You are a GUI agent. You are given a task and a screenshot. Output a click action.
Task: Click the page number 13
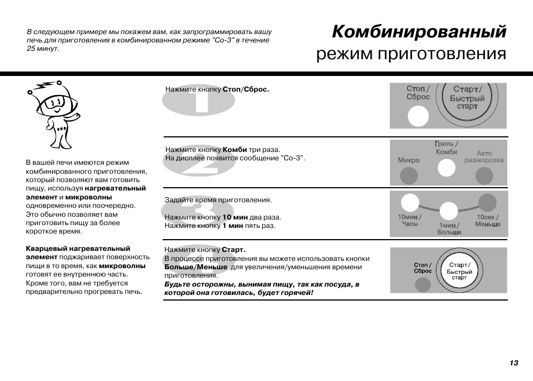point(513,363)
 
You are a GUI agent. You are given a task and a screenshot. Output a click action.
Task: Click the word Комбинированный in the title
point(419,32)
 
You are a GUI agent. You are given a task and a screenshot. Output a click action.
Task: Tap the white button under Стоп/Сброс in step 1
point(417,116)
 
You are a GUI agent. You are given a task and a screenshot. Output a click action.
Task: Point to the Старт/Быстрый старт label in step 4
point(459,271)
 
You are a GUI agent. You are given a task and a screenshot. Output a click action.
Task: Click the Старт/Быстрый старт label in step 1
point(467,97)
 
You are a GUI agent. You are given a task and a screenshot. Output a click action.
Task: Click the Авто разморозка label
point(484,156)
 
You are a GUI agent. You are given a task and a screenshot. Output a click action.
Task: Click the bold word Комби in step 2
point(235,150)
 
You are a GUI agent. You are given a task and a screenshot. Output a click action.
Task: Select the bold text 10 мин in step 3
point(234,217)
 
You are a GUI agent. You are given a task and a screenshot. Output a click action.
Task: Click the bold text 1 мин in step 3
point(232,226)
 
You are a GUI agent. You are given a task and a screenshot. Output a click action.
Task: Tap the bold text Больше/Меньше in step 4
point(196,267)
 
